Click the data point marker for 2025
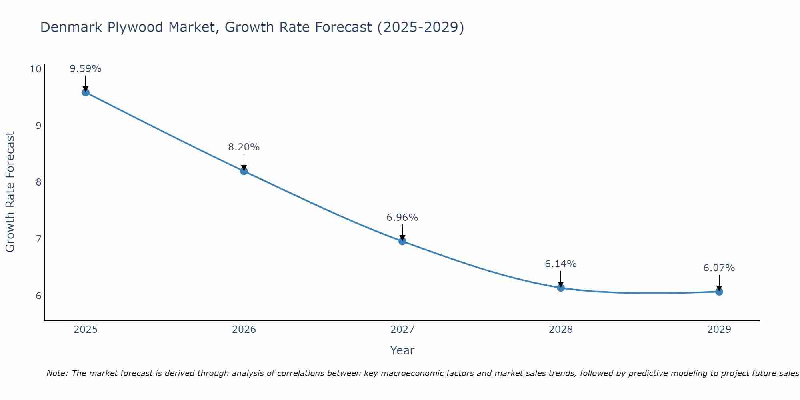pos(86,92)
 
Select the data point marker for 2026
pos(244,171)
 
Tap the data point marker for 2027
pos(402,241)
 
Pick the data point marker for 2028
pos(561,288)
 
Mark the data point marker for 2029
pos(719,292)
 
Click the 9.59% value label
pos(86,69)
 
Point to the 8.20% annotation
pos(244,147)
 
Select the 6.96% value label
pos(402,218)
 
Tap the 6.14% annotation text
pos(561,264)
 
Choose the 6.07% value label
pos(719,268)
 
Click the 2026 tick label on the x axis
pos(244,330)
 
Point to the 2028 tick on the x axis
pos(561,330)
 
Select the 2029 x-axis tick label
pos(719,330)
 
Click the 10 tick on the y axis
pos(36,69)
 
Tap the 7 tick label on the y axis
pos(38,239)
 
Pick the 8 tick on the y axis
pos(38,182)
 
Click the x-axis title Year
pos(402,350)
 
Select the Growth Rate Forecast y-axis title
pos(10,192)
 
